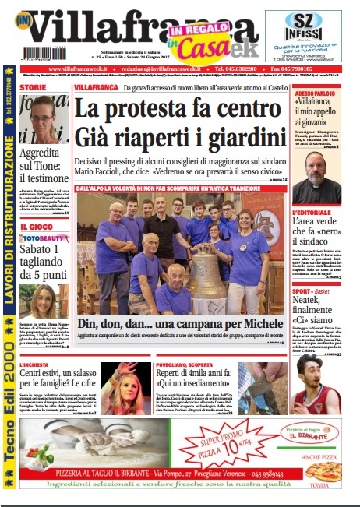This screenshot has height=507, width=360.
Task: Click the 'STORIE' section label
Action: click(34, 87)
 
